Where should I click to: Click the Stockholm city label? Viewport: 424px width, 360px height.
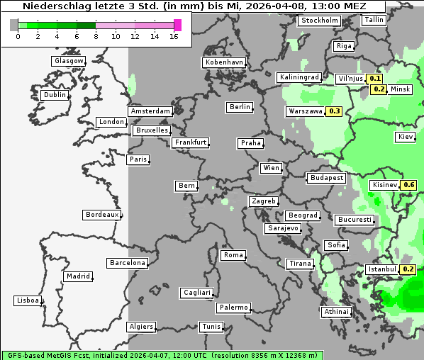pyautogui.click(x=319, y=21)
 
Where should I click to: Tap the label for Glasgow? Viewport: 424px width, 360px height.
pyautogui.click(x=69, y=61)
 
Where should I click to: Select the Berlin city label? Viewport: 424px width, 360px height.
pyautogui.click(x=240, y=107)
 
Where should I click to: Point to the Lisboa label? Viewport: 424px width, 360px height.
pyautogui.click(x=27, y=300)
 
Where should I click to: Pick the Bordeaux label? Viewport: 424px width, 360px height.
pyautogui.click(x=101, y=215)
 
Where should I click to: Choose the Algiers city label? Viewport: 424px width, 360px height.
pyautogui.click(x=140, y=327)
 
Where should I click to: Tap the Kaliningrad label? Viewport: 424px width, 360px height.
pyautogui.click(x=299, y=77)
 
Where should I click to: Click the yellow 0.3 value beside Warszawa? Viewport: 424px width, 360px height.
pyautogui.click(x=334, y=111)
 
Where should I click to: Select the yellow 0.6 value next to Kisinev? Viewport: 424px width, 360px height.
pyautogui.click(x=408, y=186)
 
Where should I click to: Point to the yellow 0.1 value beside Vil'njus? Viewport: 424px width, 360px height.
pyautogui.click(x=375, y=79)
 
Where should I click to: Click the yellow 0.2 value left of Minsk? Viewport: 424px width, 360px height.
pyautogui.click(x=379, y=89)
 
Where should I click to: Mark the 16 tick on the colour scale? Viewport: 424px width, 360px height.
pyautogui.click(x=174, y=36)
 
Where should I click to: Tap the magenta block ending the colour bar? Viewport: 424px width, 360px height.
pyautogui.click(x=177, y=25)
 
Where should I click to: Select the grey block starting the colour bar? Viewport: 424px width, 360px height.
pyautogui.click(x=13, y=25)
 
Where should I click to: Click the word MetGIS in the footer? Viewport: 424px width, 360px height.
pyautogui.click(x=60, y=355)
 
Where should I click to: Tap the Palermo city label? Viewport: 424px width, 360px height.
pyautogui.click(x=233, y=308)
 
